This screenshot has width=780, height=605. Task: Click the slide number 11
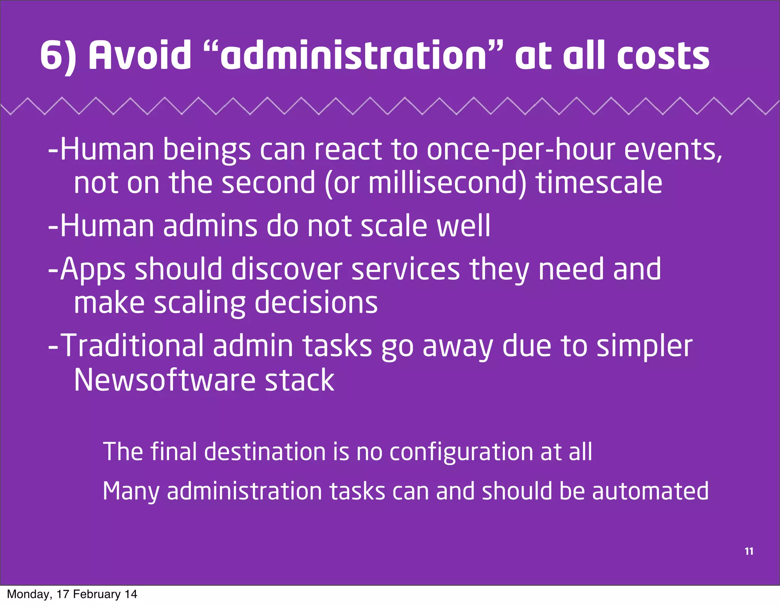[749, 551]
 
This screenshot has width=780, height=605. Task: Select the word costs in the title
[663, 56]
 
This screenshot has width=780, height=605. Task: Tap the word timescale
[599, 183]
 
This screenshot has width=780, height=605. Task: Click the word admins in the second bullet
[210, 226]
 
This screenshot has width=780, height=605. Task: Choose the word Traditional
[132, 346]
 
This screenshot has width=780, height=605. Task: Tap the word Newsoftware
[165, 380]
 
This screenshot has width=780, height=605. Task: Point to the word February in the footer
[96, 594]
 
